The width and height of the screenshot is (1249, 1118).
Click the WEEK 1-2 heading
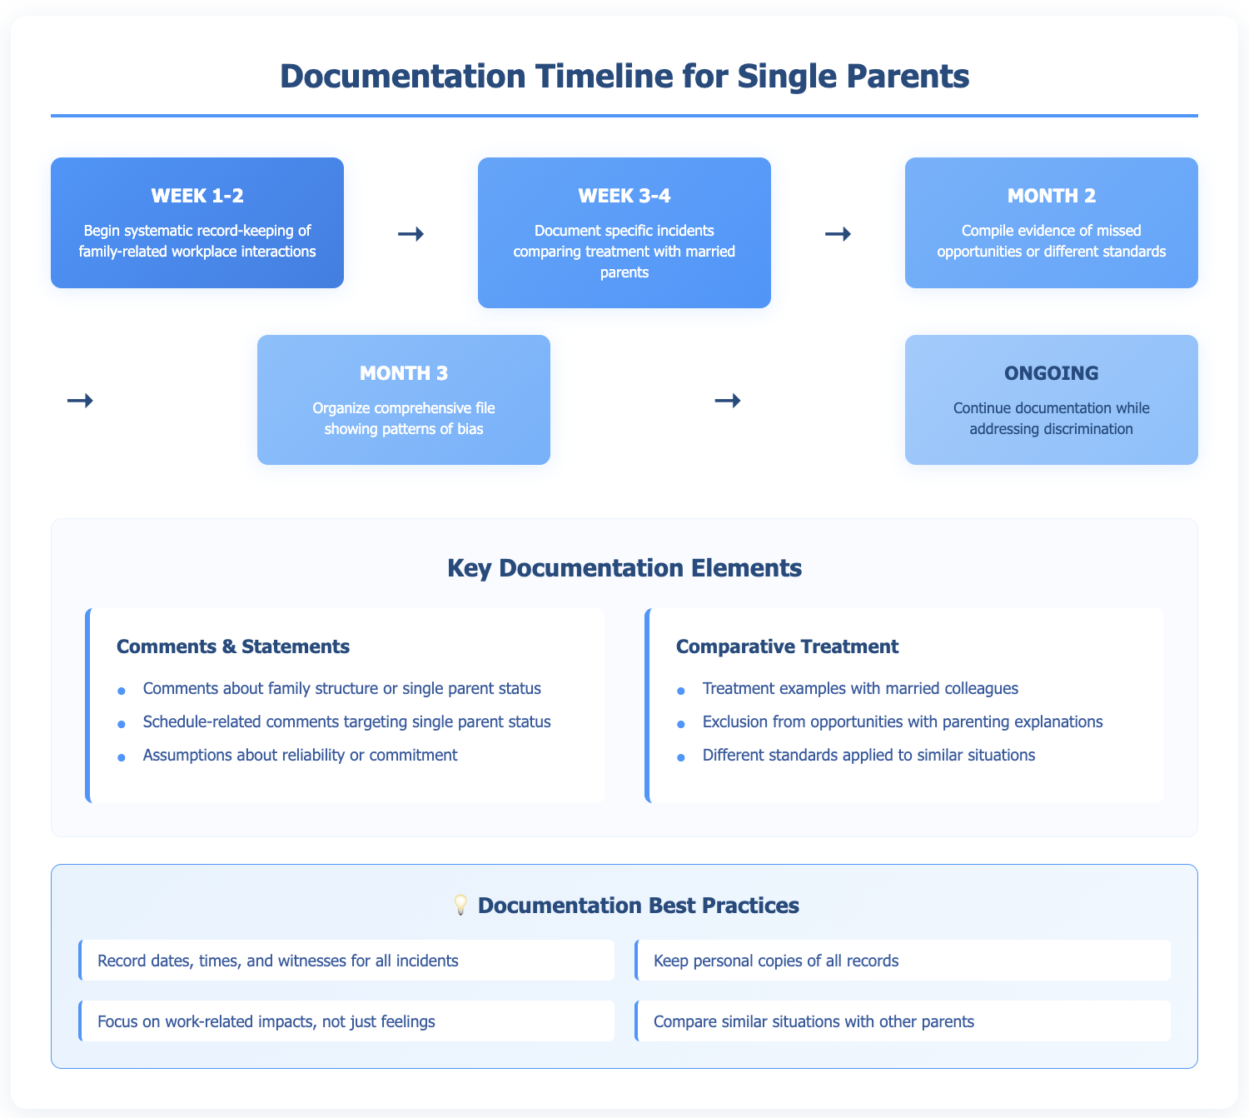pos(197,196)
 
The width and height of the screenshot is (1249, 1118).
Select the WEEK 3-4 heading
pos(624,196)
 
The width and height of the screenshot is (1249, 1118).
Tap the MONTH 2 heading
pos(1051,196)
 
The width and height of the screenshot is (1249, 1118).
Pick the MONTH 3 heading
pos(404,373)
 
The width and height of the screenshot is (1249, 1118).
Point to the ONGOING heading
pos(1051,373)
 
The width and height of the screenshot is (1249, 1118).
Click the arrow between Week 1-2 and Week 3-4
pos(411,234)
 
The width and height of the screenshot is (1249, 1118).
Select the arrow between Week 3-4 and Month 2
pos(838,234)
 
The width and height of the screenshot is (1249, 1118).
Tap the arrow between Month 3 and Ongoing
pos(727,401)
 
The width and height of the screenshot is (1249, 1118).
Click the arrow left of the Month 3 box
pos(79,401)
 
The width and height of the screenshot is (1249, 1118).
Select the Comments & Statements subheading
pos(233,646)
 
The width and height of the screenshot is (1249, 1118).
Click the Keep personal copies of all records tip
pos(776,961)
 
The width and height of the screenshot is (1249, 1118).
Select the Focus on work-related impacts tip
pos(266,1021)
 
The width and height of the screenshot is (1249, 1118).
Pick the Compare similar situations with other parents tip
pos(814,1021)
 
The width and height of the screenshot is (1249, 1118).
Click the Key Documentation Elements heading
pos(624,568)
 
